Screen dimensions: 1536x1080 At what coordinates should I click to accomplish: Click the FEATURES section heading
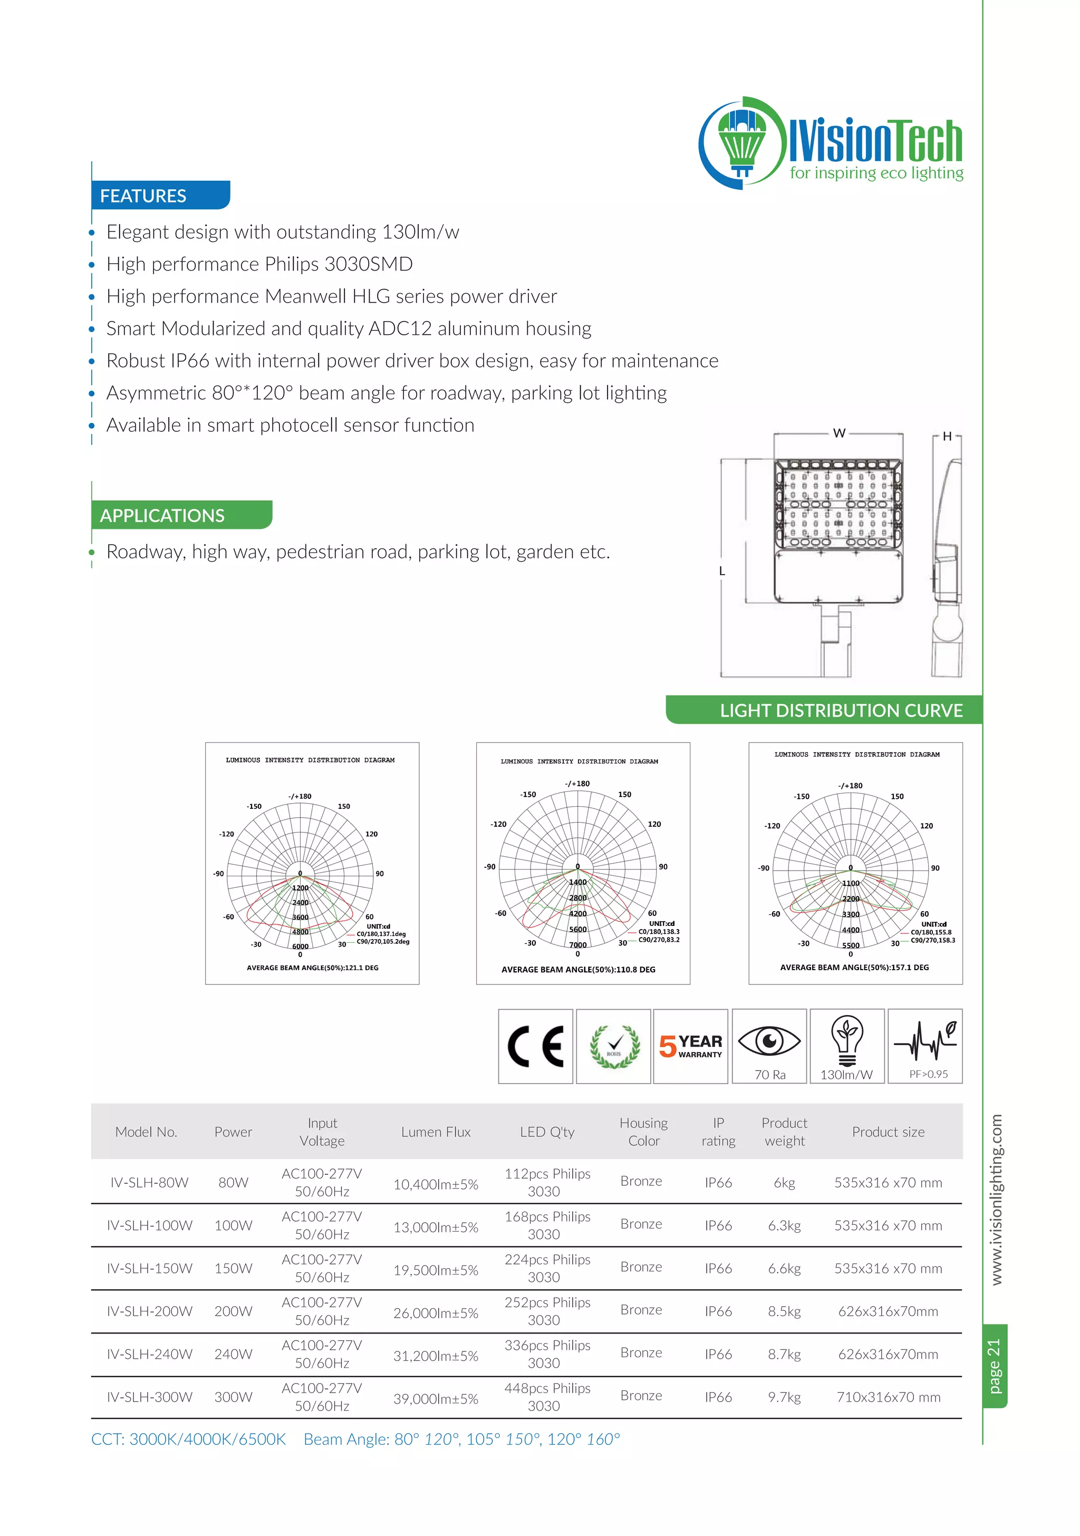tap(143, 196)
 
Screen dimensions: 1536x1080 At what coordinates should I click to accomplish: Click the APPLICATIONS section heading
tap(162, 515)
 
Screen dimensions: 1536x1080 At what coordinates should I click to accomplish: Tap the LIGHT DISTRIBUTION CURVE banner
tap(841, 710)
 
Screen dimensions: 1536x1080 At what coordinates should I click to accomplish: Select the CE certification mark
tap(535, 1046)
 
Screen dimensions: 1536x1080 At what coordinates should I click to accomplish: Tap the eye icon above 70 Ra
tap(769, 1041)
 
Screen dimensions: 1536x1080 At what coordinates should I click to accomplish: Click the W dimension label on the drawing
tap(838, 433)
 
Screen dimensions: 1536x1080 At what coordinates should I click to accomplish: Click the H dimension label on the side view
tap(947, 436)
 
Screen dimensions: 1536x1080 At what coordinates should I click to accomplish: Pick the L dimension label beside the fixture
tap(722, 571)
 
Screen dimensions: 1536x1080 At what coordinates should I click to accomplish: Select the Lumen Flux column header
tap(436, 1132)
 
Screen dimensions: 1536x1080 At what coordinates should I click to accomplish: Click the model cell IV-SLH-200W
tap(149, 1311)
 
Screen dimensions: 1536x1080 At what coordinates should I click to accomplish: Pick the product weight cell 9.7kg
tap(784, 1397)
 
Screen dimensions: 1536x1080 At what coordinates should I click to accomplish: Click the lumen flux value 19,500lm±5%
tap(436, 1270)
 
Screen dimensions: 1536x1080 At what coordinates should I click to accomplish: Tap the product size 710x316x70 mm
tap(888, 1397)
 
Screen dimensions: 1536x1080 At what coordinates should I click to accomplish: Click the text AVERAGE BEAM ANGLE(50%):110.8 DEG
tap(578, 969)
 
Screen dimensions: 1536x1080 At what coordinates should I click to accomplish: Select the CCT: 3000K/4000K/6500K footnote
tap(189, 1439)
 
